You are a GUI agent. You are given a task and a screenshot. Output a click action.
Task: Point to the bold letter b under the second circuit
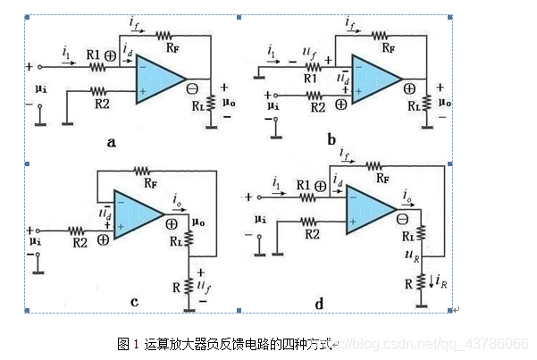[x=331, y=139]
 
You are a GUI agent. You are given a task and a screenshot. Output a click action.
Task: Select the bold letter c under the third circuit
[x=134, y=302]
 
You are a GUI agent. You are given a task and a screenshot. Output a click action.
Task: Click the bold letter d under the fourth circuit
[x=319, y=304]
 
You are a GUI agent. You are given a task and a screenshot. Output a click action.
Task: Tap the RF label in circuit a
[x=164, y=33]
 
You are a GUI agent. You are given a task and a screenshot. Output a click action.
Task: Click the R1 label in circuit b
[x=310, y=78]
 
